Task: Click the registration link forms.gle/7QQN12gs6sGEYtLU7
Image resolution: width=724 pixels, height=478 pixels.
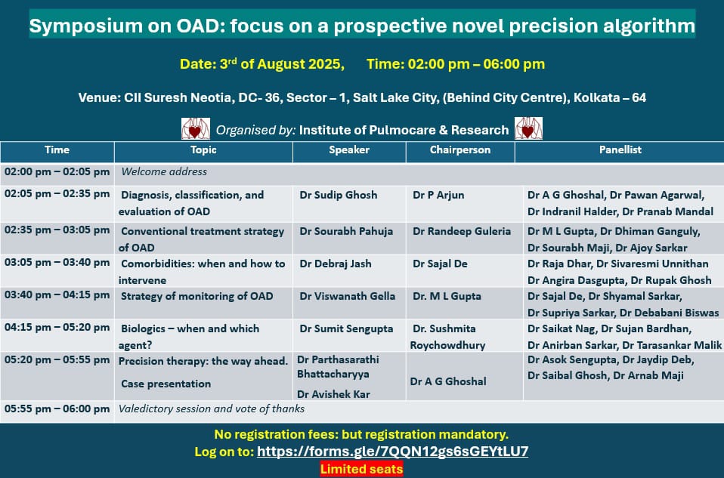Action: [x=392, y=452]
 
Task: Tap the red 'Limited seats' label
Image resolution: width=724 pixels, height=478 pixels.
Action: [x=361, y=469]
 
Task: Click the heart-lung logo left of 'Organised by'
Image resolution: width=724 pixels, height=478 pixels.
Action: [x=195, y=128]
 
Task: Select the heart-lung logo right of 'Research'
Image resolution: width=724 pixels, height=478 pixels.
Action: [x=529, y=128]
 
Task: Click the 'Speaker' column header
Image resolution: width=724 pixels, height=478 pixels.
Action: [x=349, y=150]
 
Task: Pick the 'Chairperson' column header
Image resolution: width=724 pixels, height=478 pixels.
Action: [x=460, y=150]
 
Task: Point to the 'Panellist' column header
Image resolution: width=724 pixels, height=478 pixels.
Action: [x=620, y=150]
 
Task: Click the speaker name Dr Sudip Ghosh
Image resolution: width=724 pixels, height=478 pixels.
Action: [x=339, y=195]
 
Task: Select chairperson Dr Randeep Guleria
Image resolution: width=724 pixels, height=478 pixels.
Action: [x=462, y=231]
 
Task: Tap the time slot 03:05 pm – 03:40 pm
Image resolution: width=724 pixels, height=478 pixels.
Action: [x=57, y=263]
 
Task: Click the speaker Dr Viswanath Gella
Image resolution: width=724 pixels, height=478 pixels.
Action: [x=347, y=296]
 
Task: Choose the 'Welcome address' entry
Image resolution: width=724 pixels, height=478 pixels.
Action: [x=164, y=171]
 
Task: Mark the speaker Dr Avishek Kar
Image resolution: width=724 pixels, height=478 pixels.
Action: [x=333, y=394]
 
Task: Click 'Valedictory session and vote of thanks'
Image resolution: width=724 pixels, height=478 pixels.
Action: [x=212, y=409]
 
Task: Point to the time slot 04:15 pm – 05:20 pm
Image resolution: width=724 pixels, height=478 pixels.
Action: [x=57, y=328]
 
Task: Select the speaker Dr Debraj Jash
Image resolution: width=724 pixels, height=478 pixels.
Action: [x=336, y=264]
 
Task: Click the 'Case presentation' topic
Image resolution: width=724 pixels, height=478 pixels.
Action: [x=166, y=384]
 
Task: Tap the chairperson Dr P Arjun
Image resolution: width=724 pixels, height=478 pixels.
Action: [x=438, y=195]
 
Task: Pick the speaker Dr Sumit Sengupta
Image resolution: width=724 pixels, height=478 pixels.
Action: [x=346, y=329]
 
